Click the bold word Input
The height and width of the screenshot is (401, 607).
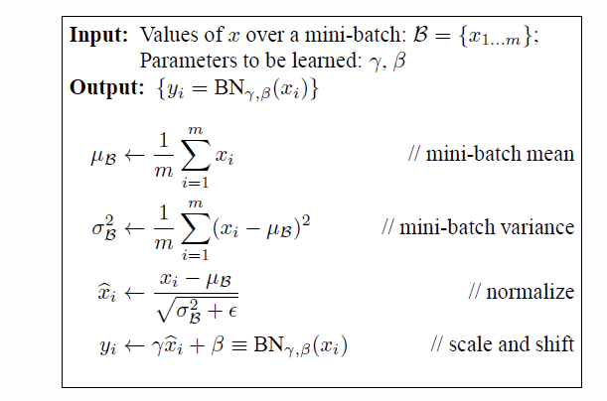[97, 35]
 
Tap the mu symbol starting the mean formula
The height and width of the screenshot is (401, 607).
[98, 157]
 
